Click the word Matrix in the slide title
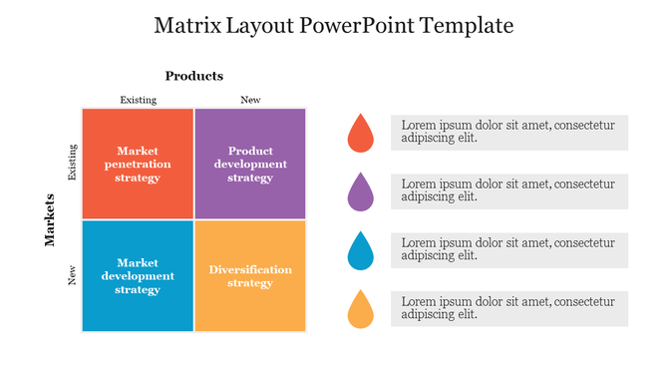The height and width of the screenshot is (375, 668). point(185,26)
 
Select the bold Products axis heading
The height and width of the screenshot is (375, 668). point(194,76)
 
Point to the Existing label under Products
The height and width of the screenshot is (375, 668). point(138,100)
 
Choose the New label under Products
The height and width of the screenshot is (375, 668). point(250,100)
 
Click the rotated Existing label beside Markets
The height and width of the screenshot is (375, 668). point(72,163)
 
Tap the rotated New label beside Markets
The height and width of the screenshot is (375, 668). point(72,275)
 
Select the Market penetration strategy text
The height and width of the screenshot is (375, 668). point(138,165)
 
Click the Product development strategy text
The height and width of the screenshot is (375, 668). point(250,165)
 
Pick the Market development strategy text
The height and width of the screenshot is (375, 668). point(138,276)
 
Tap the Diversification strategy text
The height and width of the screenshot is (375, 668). point(250,276)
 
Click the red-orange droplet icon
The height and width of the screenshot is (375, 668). point(360,135)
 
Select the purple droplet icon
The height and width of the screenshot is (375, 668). point(360,192)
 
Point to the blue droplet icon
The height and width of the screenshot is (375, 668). point(360,252)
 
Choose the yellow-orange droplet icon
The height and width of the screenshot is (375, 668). point(360,310)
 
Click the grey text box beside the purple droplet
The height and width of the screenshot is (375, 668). point(508,190)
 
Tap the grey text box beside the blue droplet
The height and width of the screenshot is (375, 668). point(508,249)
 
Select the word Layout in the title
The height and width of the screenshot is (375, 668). point(256,26)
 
